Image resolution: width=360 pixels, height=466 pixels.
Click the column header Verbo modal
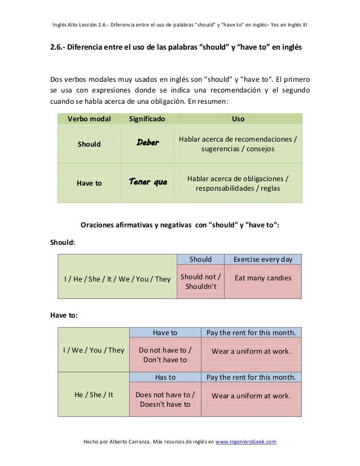tap(89, 119)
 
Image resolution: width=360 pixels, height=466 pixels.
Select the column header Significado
tap(147, 119)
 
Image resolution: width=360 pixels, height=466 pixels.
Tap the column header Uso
tap(238, 119)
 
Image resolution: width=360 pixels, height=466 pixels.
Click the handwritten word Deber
tap(148, 143)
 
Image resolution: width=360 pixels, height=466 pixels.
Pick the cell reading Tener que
tap(148, 182)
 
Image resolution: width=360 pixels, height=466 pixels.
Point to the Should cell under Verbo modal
tap(89, 144)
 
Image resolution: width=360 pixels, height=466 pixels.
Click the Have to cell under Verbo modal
tap(89, 183)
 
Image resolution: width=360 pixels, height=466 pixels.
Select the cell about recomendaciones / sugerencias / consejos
tap(238, 144)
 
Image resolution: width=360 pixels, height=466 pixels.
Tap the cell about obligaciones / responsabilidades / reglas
tap(238, 183)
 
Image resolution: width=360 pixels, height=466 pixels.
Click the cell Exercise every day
tap(263, 260)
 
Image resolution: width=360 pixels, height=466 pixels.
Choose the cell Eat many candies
tap(263, 278)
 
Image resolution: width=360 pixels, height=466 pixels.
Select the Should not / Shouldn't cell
tap(200, 282)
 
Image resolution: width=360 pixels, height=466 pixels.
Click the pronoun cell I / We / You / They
tap(94, 350)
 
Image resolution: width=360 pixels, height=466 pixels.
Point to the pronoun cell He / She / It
tap(94, 394)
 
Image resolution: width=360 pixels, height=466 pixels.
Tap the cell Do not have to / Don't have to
tap(165, 355)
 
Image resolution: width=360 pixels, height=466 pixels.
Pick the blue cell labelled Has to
tap(165, 377)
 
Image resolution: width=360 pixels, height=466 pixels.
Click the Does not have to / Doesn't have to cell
tap(165, 399)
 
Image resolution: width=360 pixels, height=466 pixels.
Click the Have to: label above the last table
tap(65, 315)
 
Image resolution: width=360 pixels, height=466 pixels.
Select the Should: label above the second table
tap(63, 243)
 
